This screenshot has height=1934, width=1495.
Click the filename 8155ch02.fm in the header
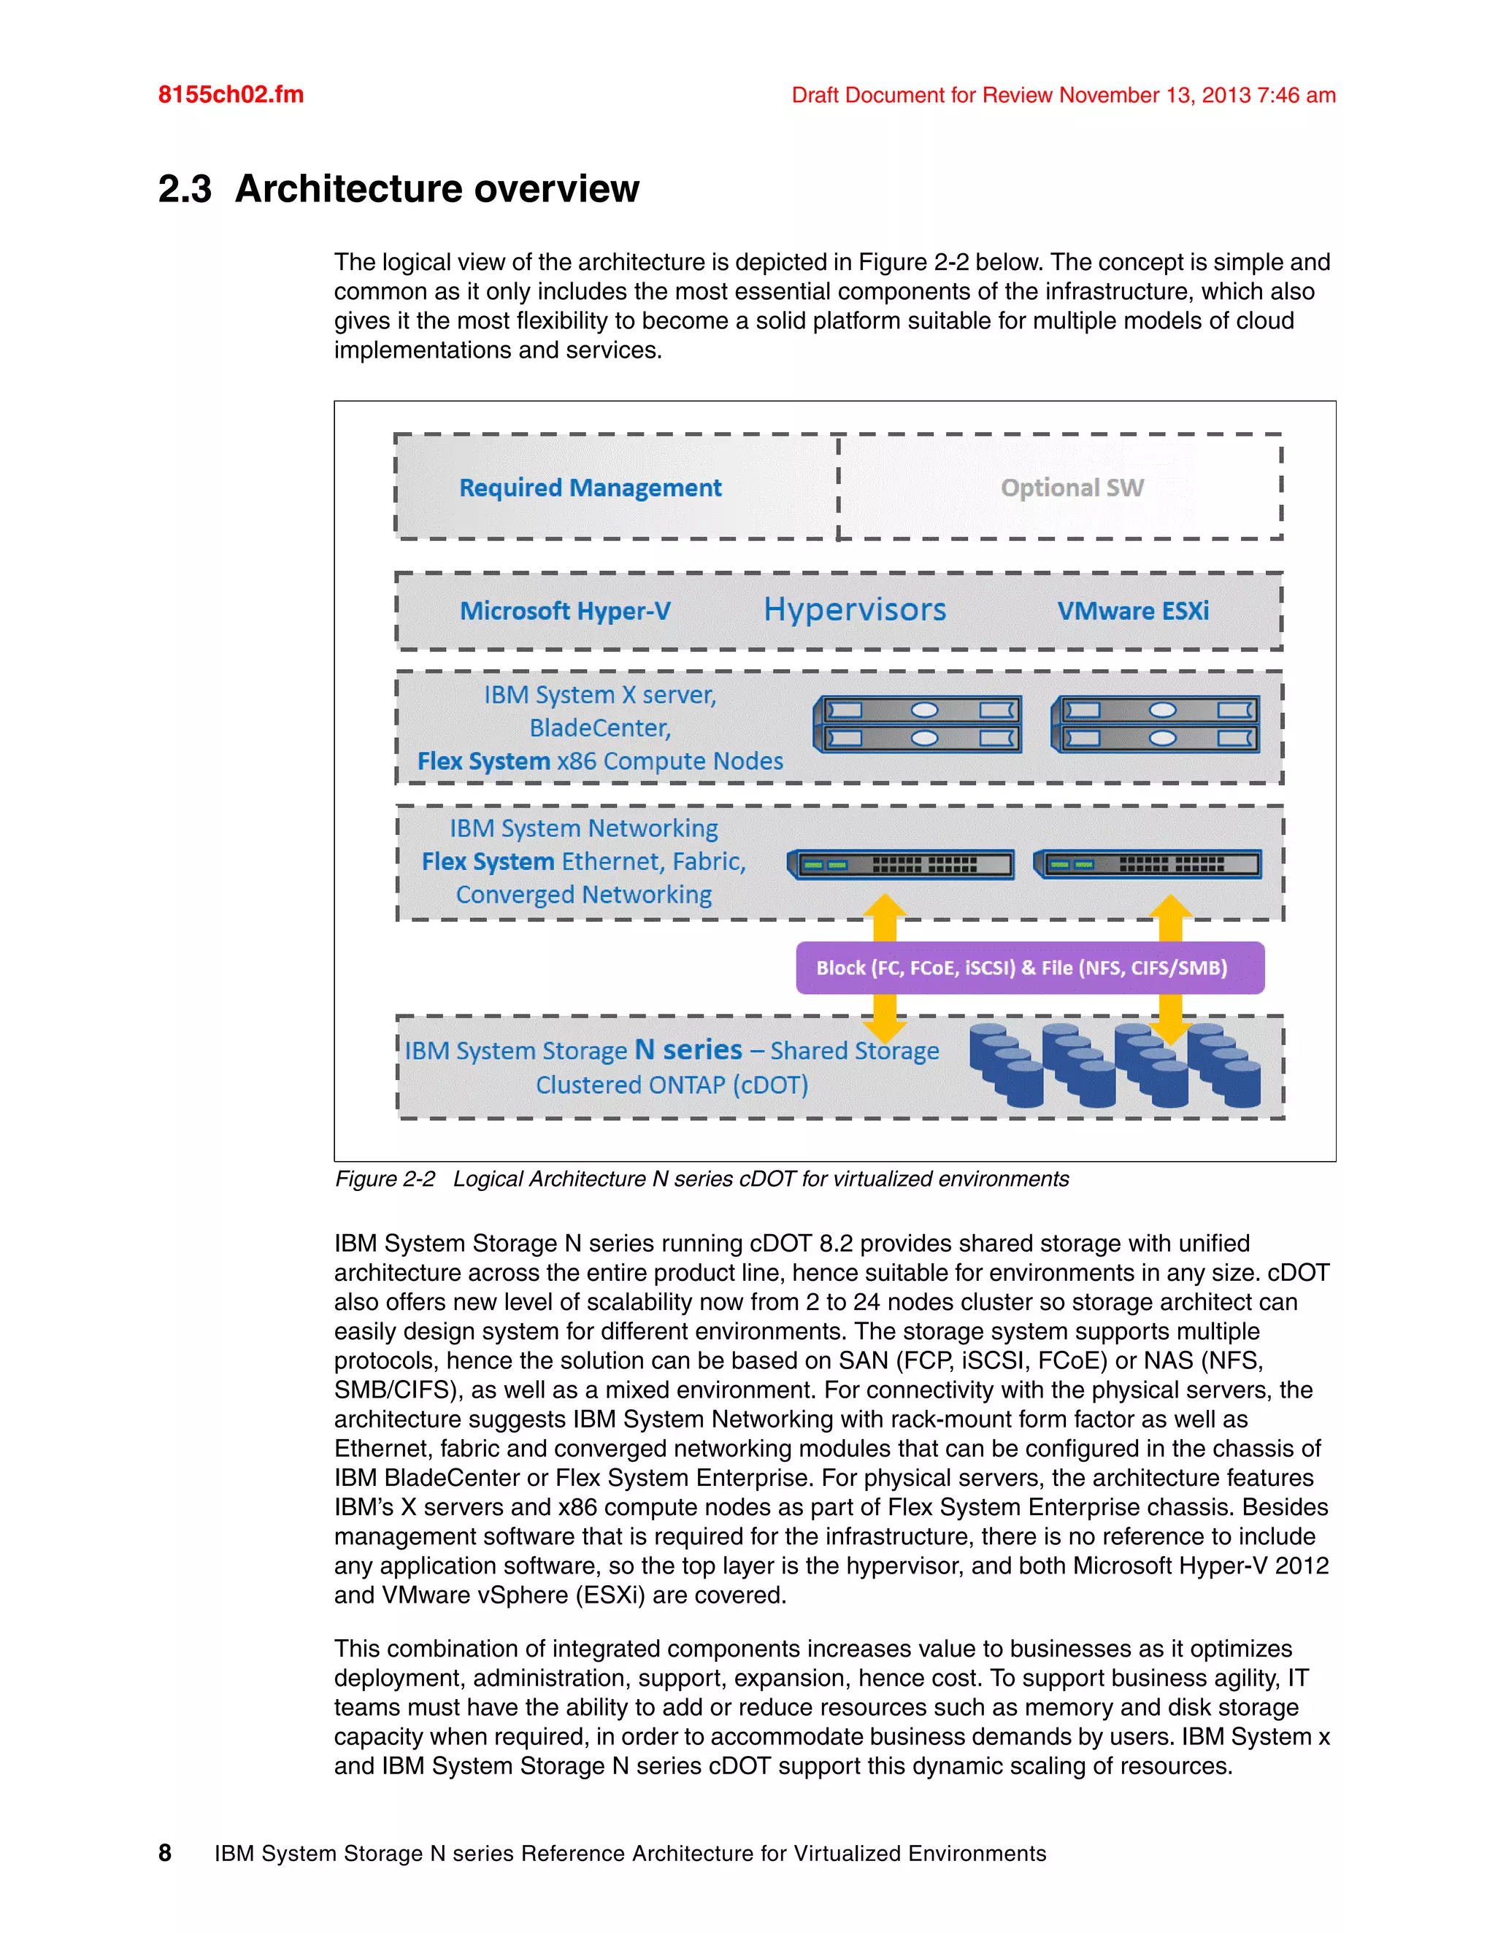click(x=230, y=95)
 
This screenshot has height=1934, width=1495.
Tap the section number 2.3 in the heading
click(x=184, y=188)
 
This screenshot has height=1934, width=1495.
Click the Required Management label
click(x=590, y=488)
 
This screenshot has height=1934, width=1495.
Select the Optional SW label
click(x=1072, y=488)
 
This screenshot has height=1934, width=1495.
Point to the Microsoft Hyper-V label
click(x=565, y=611)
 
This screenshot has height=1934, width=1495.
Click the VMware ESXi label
click(x=1133, y=611)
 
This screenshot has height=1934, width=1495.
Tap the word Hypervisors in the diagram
click(x=855, y=609)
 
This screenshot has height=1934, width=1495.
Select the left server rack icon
click(x=918, y=723)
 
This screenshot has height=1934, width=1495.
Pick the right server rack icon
click(x=1155, y=723)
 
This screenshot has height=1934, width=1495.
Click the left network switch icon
click(x=901, y=864)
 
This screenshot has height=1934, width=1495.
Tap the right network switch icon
click(x=1148, y=864)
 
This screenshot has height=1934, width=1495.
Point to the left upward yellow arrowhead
click(x=885, y=909)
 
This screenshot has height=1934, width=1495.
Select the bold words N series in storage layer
click(x=688, y=1049)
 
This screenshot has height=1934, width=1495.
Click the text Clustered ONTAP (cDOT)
click(x=672, y=1084)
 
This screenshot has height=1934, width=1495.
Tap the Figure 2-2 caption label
click(x=385, y=1179)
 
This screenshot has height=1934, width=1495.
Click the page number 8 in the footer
click(x=165, y=1852)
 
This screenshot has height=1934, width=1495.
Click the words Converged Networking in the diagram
click(x=584, y=895)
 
